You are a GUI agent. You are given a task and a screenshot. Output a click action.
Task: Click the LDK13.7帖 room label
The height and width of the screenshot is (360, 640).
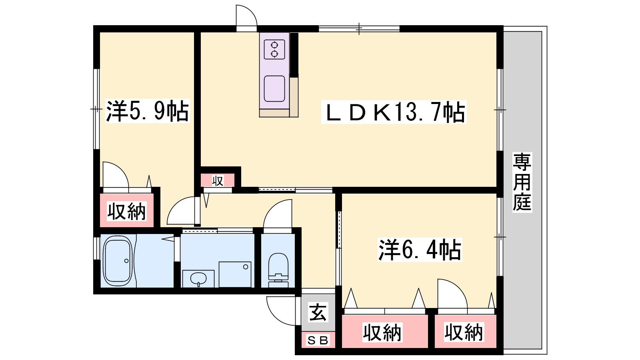click(x=394, y=112)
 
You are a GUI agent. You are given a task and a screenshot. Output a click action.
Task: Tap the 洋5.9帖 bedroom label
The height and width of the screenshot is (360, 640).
click(x=148, y=111)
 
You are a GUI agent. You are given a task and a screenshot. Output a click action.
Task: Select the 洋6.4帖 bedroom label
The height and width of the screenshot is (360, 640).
click(x=420, y=250)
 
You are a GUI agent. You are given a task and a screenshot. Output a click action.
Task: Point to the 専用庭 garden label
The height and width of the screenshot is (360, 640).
click(x=522, y=182)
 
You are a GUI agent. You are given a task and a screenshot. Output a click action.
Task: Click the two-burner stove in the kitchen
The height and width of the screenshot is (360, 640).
click(x=274, y=50)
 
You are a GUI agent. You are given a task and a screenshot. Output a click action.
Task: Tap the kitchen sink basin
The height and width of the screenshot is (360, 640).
click(x=274, y=88)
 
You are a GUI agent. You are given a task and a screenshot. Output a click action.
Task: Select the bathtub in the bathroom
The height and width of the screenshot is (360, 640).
click(x=118, y=260)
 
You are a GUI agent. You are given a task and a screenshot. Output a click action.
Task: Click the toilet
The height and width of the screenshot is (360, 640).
click(x=278, y=270)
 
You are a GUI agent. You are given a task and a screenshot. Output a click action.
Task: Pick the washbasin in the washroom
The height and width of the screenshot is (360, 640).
click(x=198, y=278)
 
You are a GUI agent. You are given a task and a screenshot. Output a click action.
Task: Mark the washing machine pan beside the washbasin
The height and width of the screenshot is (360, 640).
click(x=235, y=274)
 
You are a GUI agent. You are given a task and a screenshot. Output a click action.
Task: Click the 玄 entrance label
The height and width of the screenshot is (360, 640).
click(x=318, y=312)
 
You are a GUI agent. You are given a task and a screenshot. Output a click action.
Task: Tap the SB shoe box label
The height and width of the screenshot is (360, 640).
click(x=318, y=340)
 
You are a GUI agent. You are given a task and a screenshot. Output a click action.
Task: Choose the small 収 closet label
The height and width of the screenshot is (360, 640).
click(x=218, y=180)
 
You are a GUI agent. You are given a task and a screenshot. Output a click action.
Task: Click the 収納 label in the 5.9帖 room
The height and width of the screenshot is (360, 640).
click(x=126, y=212)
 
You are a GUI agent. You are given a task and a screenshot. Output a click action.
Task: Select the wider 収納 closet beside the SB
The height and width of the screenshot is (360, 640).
click(x=382, y=332)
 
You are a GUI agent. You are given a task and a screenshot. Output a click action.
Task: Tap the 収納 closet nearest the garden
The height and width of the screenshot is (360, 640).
click(x=464, y=332)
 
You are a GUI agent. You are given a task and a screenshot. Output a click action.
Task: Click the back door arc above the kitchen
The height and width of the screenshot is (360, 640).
click(x=251, y=11)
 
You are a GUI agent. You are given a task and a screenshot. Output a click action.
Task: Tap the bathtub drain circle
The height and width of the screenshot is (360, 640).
click(x=126, y=261)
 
